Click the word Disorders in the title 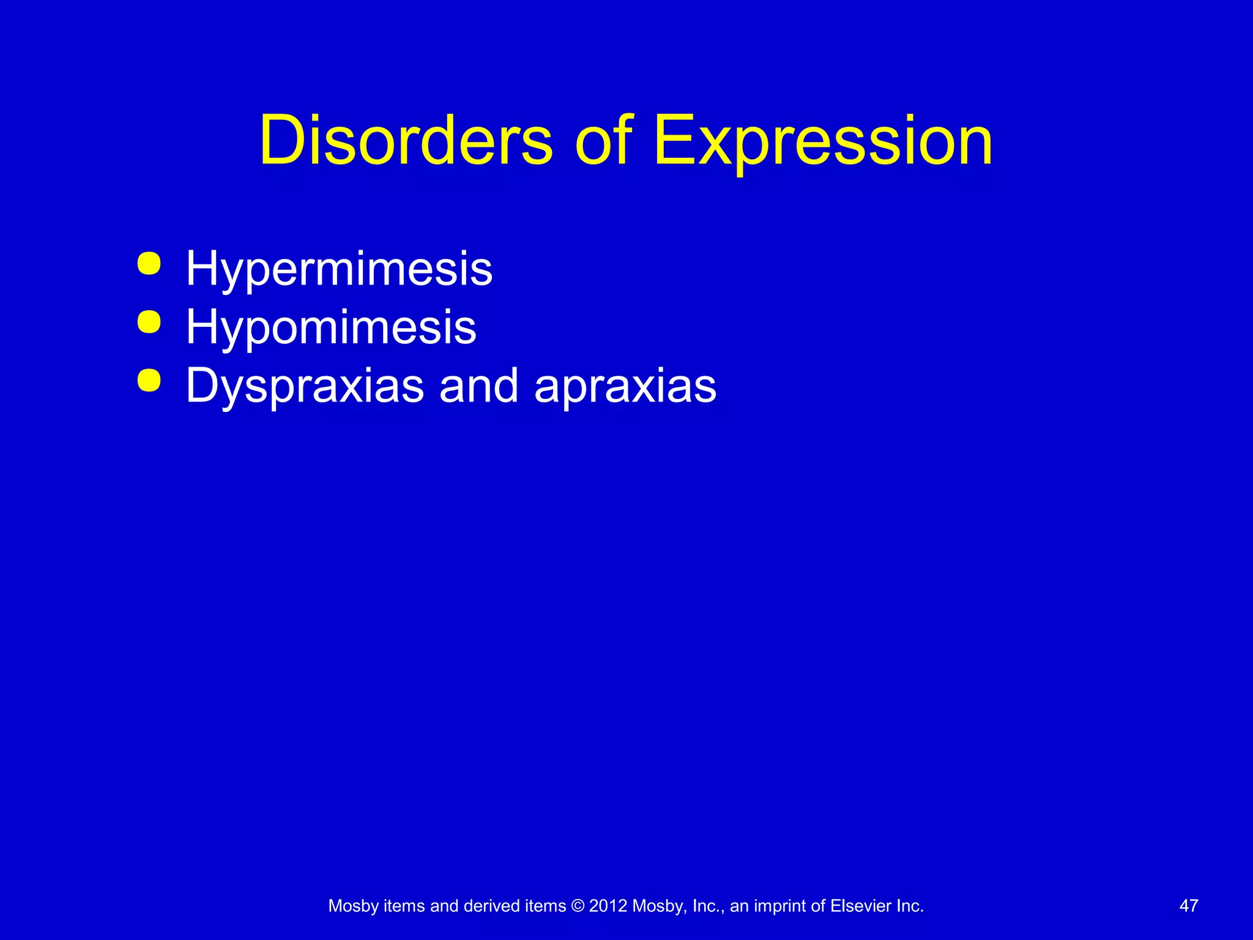click(x=406, y=141)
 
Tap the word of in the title click(x=603, y=141)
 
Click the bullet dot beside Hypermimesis click(x=149, y=264)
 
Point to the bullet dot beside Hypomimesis click(x=149, y=322)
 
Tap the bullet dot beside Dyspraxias click(x=149, y=380)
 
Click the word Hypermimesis click(x=339, y=269)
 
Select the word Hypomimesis click(x=331, y=327)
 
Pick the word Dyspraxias click(x=305, y=387)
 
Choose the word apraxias click(x=625, y=387)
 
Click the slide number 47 click(x=1189, y=906)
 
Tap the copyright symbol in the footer click(x=578, y=906)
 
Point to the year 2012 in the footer click(x=608, y=906)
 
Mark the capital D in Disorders click(x=281, y=141)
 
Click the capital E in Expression click(x=673, y=141)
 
